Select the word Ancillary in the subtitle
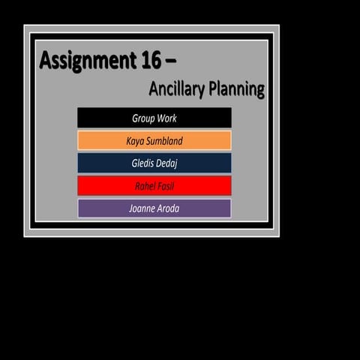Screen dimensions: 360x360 point(177,89)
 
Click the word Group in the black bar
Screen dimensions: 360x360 point(143,118)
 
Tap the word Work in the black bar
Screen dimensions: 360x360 point(167,118)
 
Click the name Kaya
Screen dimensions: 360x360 point(136,141)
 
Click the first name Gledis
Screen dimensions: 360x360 point(143,163)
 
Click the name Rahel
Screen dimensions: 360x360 point(145,186)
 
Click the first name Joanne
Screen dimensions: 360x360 point(141,208)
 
